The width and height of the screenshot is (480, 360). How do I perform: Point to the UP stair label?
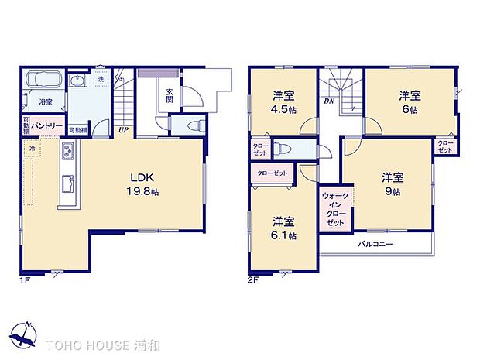point(123,130)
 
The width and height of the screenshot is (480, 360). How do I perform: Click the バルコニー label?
point(375,245)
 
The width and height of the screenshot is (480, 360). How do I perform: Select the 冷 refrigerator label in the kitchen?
point(32,147)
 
